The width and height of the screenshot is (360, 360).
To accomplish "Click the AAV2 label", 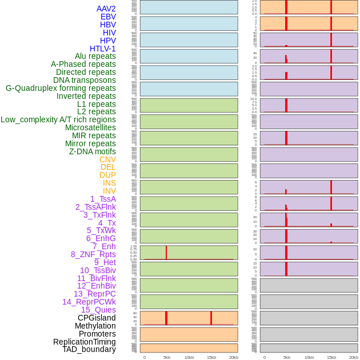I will point(106,9).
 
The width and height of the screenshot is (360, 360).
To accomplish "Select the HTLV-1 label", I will point(102,49).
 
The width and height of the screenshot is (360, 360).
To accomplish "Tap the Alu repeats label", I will point(95,56).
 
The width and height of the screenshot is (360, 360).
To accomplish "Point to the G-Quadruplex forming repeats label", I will point(61,88).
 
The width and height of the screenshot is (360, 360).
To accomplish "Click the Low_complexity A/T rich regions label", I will point(58,119).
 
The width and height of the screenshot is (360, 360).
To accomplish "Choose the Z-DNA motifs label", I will point(92,151).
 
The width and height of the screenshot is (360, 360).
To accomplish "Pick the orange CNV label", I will point(107,159).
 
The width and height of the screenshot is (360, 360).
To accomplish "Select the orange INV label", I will point(109,191).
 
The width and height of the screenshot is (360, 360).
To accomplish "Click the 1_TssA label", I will point(103,199).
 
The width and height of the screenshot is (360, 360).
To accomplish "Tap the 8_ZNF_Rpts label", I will point(93,254).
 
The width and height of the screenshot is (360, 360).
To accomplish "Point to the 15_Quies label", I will point(98,310).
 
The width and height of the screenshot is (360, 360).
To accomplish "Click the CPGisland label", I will point(97,318).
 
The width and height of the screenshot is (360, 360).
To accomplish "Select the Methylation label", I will point(95,326).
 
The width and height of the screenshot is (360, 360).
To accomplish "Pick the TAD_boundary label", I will point(89,349).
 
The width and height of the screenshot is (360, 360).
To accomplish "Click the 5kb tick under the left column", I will point(167,357).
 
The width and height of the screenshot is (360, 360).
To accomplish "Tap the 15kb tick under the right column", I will point(331,357).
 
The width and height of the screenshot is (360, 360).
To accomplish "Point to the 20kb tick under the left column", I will point(234,357).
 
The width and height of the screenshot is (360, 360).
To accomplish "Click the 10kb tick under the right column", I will point(309,357).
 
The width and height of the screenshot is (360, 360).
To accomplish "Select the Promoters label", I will point(97,334).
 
